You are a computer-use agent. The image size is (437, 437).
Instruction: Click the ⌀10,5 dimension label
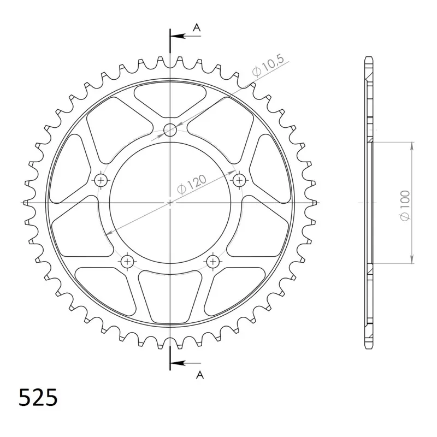coord(268,66)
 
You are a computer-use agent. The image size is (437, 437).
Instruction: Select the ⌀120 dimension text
coord(192,184)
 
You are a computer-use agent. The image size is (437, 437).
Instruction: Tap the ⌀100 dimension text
coord(405,205)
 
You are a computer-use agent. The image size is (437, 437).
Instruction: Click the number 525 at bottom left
coord(38,397)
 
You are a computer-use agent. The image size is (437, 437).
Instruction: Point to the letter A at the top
coord(197,28)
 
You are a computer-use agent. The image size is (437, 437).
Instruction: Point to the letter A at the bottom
coord(200,375)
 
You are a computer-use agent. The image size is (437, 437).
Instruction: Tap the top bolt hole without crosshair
coord(170,129)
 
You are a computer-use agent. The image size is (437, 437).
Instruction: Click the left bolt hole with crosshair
coord(101,180)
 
